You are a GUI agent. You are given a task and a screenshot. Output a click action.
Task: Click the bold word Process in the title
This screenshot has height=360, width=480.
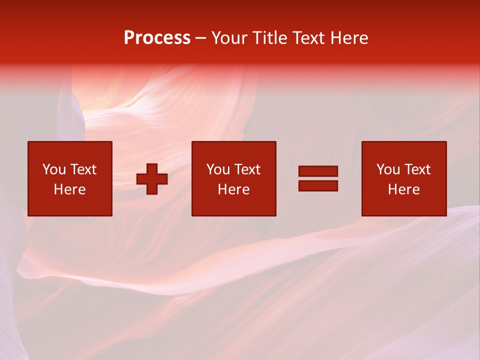tap(157, 38)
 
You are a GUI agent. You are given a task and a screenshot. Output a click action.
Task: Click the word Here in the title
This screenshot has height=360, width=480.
tap(352, 38)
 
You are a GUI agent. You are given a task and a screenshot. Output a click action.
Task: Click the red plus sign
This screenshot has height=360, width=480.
tap(152, 179)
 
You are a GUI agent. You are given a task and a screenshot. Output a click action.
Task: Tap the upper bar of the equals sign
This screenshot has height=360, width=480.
tap(318, 171)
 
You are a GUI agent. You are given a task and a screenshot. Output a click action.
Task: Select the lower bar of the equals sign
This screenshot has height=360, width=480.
tap(318, 185)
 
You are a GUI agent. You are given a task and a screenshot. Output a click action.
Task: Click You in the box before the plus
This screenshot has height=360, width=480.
tap(54, 169)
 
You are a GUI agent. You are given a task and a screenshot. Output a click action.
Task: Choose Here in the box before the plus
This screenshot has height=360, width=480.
tap(69, 189)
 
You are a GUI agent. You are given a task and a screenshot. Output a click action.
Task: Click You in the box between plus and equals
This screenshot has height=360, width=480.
tap(218, 169)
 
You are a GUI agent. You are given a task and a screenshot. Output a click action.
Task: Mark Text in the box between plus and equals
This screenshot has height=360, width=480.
tap(246, 169)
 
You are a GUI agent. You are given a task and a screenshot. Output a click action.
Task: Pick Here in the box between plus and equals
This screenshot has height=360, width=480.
tap(233, 189)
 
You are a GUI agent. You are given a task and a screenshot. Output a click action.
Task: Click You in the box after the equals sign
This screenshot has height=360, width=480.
tap(388, 169)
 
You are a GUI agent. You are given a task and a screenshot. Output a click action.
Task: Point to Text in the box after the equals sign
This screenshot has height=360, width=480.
tap(416, 169)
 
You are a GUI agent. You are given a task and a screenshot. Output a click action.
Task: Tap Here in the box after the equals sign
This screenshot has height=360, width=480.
tap(403, 189)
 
